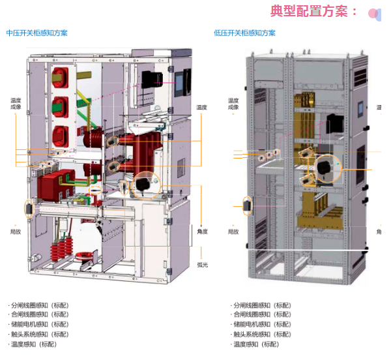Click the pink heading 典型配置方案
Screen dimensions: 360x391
[x=314, y=11]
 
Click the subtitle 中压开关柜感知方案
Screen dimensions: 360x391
[x=37, y=33]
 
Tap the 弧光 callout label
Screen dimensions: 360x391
[x=202, y=265]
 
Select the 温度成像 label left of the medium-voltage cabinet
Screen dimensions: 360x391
[x=16, y=104]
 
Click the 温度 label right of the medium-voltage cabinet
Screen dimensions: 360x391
[x=202, y=107]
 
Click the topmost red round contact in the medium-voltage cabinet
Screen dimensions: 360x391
[x=61, y=76]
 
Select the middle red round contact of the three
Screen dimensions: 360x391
[x=61, y=105]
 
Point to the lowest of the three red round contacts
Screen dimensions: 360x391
[x=61, y=134]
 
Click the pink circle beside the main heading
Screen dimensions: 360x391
[x=373, y=12]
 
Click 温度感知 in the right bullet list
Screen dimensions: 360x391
[x=256, y=344]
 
